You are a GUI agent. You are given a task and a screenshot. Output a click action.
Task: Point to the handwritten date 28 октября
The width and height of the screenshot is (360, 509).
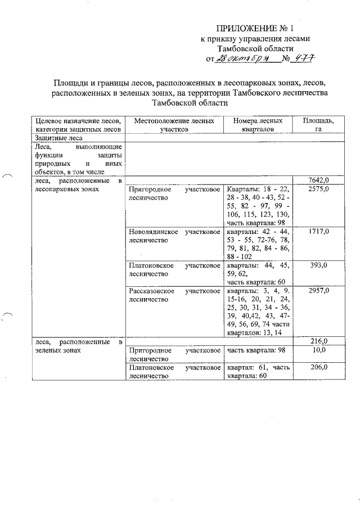[238, 58]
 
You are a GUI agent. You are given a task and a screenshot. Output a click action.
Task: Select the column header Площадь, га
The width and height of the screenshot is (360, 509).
[318, 125]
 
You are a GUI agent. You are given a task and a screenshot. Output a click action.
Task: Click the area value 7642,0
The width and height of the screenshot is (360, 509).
[318, 179]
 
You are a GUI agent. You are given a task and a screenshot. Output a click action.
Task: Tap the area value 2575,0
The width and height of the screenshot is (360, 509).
[318, 190]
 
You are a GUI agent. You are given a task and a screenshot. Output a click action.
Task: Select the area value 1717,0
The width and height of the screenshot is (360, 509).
[318, 231]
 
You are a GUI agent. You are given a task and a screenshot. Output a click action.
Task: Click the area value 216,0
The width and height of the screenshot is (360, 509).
[318, 341]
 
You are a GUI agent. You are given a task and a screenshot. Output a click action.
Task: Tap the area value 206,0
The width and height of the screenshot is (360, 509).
[318, 367]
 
